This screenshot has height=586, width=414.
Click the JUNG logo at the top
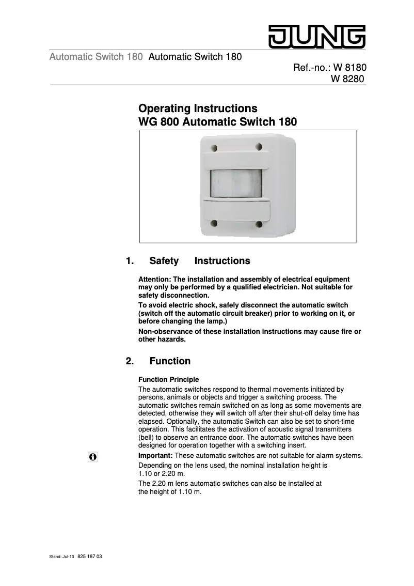tap(316, 36)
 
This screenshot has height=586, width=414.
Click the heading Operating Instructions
tap(198, 109)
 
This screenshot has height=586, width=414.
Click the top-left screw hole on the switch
tap(214, 148)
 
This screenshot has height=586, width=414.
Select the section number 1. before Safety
tap(131, 261)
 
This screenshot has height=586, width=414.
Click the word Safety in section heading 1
tap(164, 261)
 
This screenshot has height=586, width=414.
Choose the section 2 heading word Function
tap(170, 361)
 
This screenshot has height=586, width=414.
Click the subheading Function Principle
tap(168, 380)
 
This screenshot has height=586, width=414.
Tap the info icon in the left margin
tap(93, 457)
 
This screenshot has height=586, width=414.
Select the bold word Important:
tap(155, 455)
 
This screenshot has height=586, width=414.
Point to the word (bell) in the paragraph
tap(148, 437)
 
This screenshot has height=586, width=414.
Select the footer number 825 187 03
tap(90, 557)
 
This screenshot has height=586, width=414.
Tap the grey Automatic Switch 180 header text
tap(96, 57)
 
